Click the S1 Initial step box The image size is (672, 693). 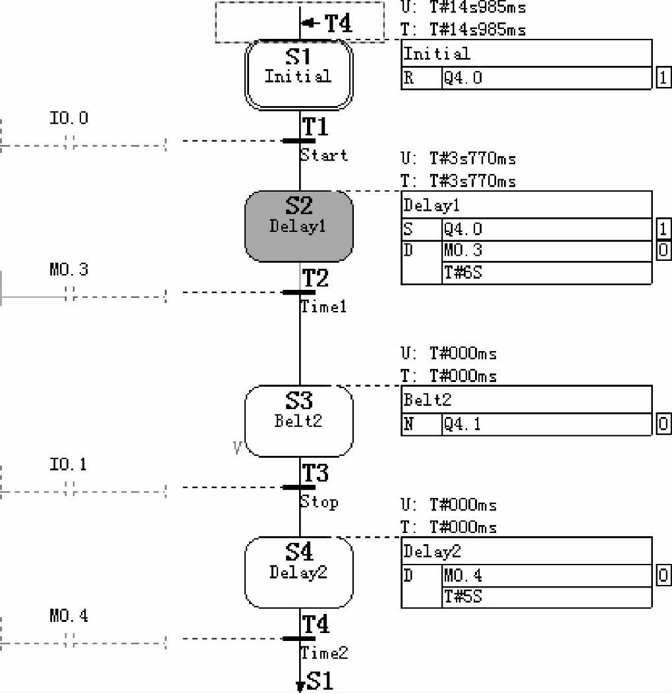pos(298,74)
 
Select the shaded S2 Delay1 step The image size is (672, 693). pos(298,226)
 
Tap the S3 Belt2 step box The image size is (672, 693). pos(298,420)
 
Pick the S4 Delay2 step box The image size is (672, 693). pos(298,570)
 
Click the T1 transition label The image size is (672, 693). pos(316,126)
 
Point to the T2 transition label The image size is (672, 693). pos(316,278)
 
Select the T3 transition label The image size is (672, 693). pos(316,473)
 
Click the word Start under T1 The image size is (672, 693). pos(323,155)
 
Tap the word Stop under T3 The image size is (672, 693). pos(320,502)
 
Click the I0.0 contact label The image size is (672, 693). pos(69,119)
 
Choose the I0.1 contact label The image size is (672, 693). pos(69,465)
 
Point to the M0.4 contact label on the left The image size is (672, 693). pos(69,617)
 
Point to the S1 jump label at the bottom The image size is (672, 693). pos(320,681)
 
